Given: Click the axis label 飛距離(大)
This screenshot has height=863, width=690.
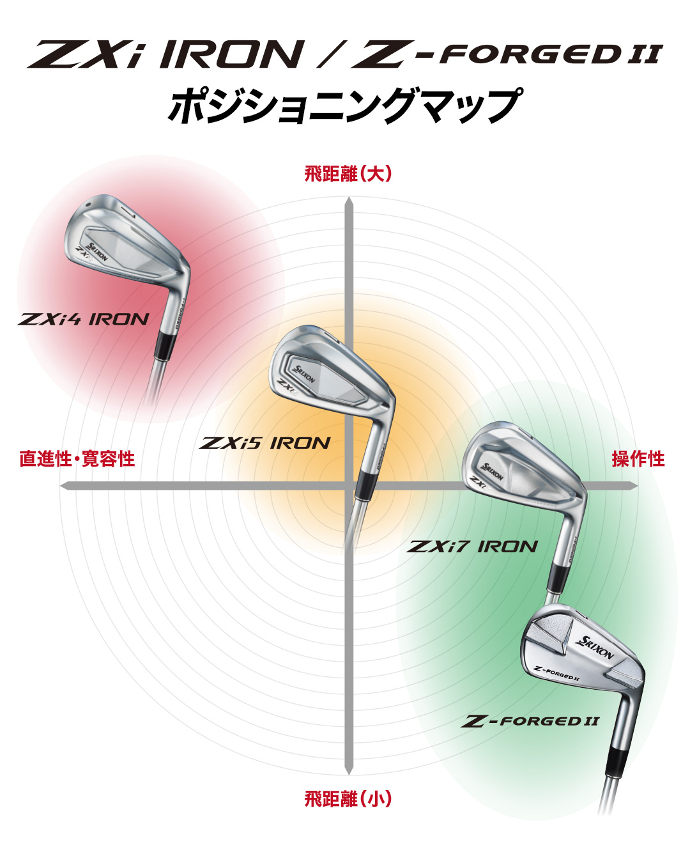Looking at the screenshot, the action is [348, 174].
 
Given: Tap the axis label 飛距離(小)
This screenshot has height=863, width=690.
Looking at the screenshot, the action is [348, 798].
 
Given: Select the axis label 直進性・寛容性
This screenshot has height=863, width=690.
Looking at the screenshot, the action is [77, 458].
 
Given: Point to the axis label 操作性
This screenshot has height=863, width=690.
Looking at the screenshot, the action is [638, 458].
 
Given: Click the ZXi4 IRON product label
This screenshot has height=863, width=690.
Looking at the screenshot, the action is [84, 319].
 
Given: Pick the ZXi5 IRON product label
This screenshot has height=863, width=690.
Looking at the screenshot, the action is [265, 443].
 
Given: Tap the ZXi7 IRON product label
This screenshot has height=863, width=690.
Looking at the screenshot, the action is [473, 547].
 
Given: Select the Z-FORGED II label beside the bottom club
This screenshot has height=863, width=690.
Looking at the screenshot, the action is [530, 722].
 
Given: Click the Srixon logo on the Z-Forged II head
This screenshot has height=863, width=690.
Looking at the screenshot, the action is [595, 648].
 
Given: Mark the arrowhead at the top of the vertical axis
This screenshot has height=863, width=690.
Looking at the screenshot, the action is [348, 203].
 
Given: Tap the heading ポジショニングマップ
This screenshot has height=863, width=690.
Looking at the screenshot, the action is [345, 105].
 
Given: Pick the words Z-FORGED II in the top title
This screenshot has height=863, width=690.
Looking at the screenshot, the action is [508, 54].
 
